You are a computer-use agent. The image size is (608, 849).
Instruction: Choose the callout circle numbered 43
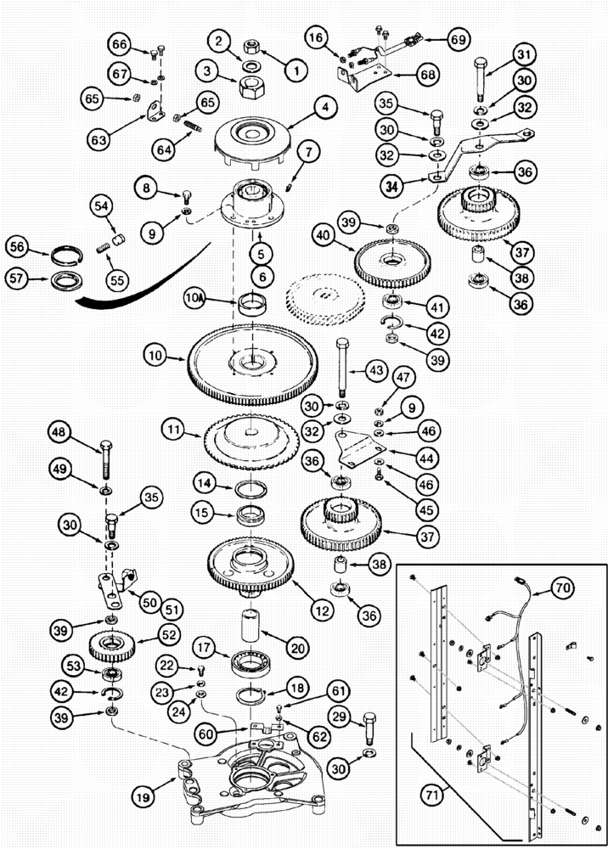pos(375,370)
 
